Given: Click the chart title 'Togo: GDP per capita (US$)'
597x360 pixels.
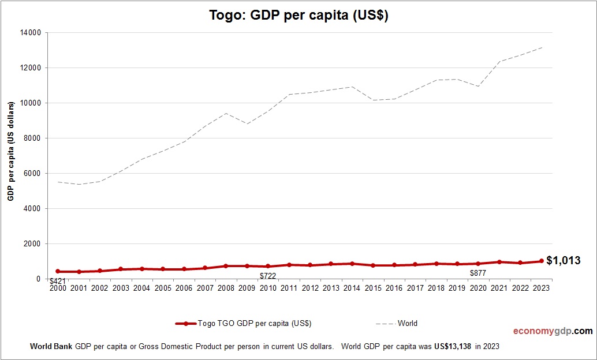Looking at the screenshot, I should (298, 16).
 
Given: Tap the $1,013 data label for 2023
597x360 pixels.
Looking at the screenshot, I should (563, 260).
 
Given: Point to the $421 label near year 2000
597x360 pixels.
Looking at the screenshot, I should (57, 282).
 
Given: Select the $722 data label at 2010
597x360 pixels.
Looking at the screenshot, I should (268, 276).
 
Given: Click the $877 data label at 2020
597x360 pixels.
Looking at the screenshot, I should (478, 273).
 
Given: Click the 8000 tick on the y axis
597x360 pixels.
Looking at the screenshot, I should (32, 138).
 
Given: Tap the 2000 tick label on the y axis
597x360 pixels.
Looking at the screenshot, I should (32, 244).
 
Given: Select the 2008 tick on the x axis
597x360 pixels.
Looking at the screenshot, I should (226, 288).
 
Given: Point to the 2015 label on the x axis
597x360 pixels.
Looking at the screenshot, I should (373, 288).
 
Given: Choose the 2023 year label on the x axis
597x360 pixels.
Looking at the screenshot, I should (541, 288).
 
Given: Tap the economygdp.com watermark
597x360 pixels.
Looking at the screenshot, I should (553, 331).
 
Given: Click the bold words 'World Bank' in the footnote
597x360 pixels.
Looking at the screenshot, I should (51, 347).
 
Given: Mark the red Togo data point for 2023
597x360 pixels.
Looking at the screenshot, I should (541, 261).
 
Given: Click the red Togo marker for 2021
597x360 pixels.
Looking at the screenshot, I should (499, 262).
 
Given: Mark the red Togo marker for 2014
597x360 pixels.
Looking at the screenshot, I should (352, 264).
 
